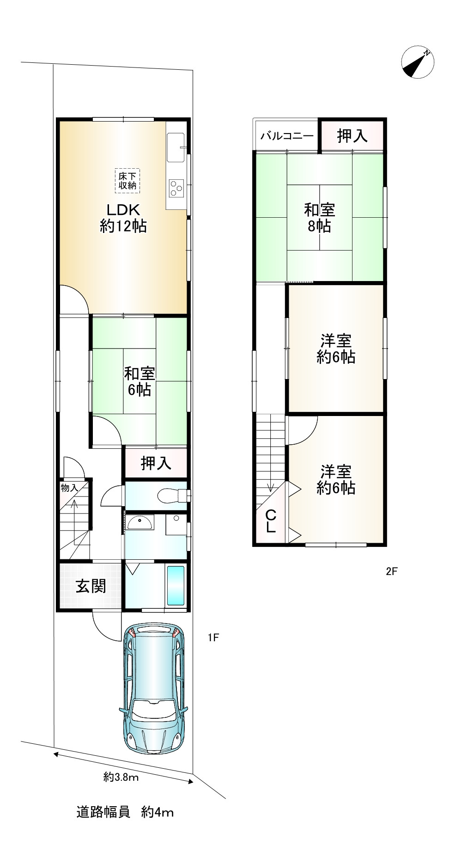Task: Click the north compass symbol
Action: coord(418,62)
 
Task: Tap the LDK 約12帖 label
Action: coord(123,218)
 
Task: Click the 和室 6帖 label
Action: coord(139,381)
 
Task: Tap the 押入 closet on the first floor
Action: coord(156,463)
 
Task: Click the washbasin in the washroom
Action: coord(140,523)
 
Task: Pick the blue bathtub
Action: coord(176,585)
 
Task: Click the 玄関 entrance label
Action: coord(91,586)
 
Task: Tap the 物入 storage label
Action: coord(69,487)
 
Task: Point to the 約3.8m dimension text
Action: coord(121,777)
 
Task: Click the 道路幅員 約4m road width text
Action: coord(125,812)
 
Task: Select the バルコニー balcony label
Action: coord(287,136)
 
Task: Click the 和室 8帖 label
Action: coord(319,218)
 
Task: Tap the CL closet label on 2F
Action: coord(271,521)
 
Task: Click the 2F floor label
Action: coord(392,571)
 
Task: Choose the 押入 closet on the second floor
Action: coord(352,136)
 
